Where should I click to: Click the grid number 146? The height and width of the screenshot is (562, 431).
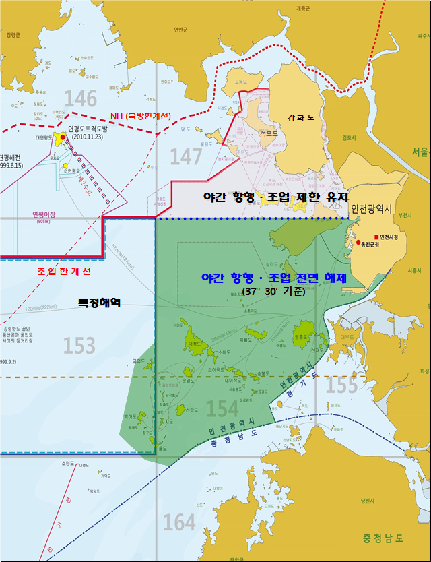(x=81, y=99)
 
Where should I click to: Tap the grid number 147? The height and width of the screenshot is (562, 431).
(x=186, y=156)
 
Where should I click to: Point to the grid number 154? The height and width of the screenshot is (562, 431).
(x=222, y=408)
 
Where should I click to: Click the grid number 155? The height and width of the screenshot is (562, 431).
(x=341, y=385)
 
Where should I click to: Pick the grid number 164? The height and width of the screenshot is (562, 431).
(x=179, y=522)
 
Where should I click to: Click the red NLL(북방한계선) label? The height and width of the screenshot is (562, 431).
(x=139, y=116)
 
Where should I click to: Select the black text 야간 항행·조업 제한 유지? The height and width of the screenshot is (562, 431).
(x=276, y=197)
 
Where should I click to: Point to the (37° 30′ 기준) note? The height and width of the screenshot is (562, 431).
(x=273, y=292)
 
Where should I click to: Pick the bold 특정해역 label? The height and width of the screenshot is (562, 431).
(x=98, y=303)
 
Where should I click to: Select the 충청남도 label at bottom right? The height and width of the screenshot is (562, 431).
(x=382, y=537)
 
